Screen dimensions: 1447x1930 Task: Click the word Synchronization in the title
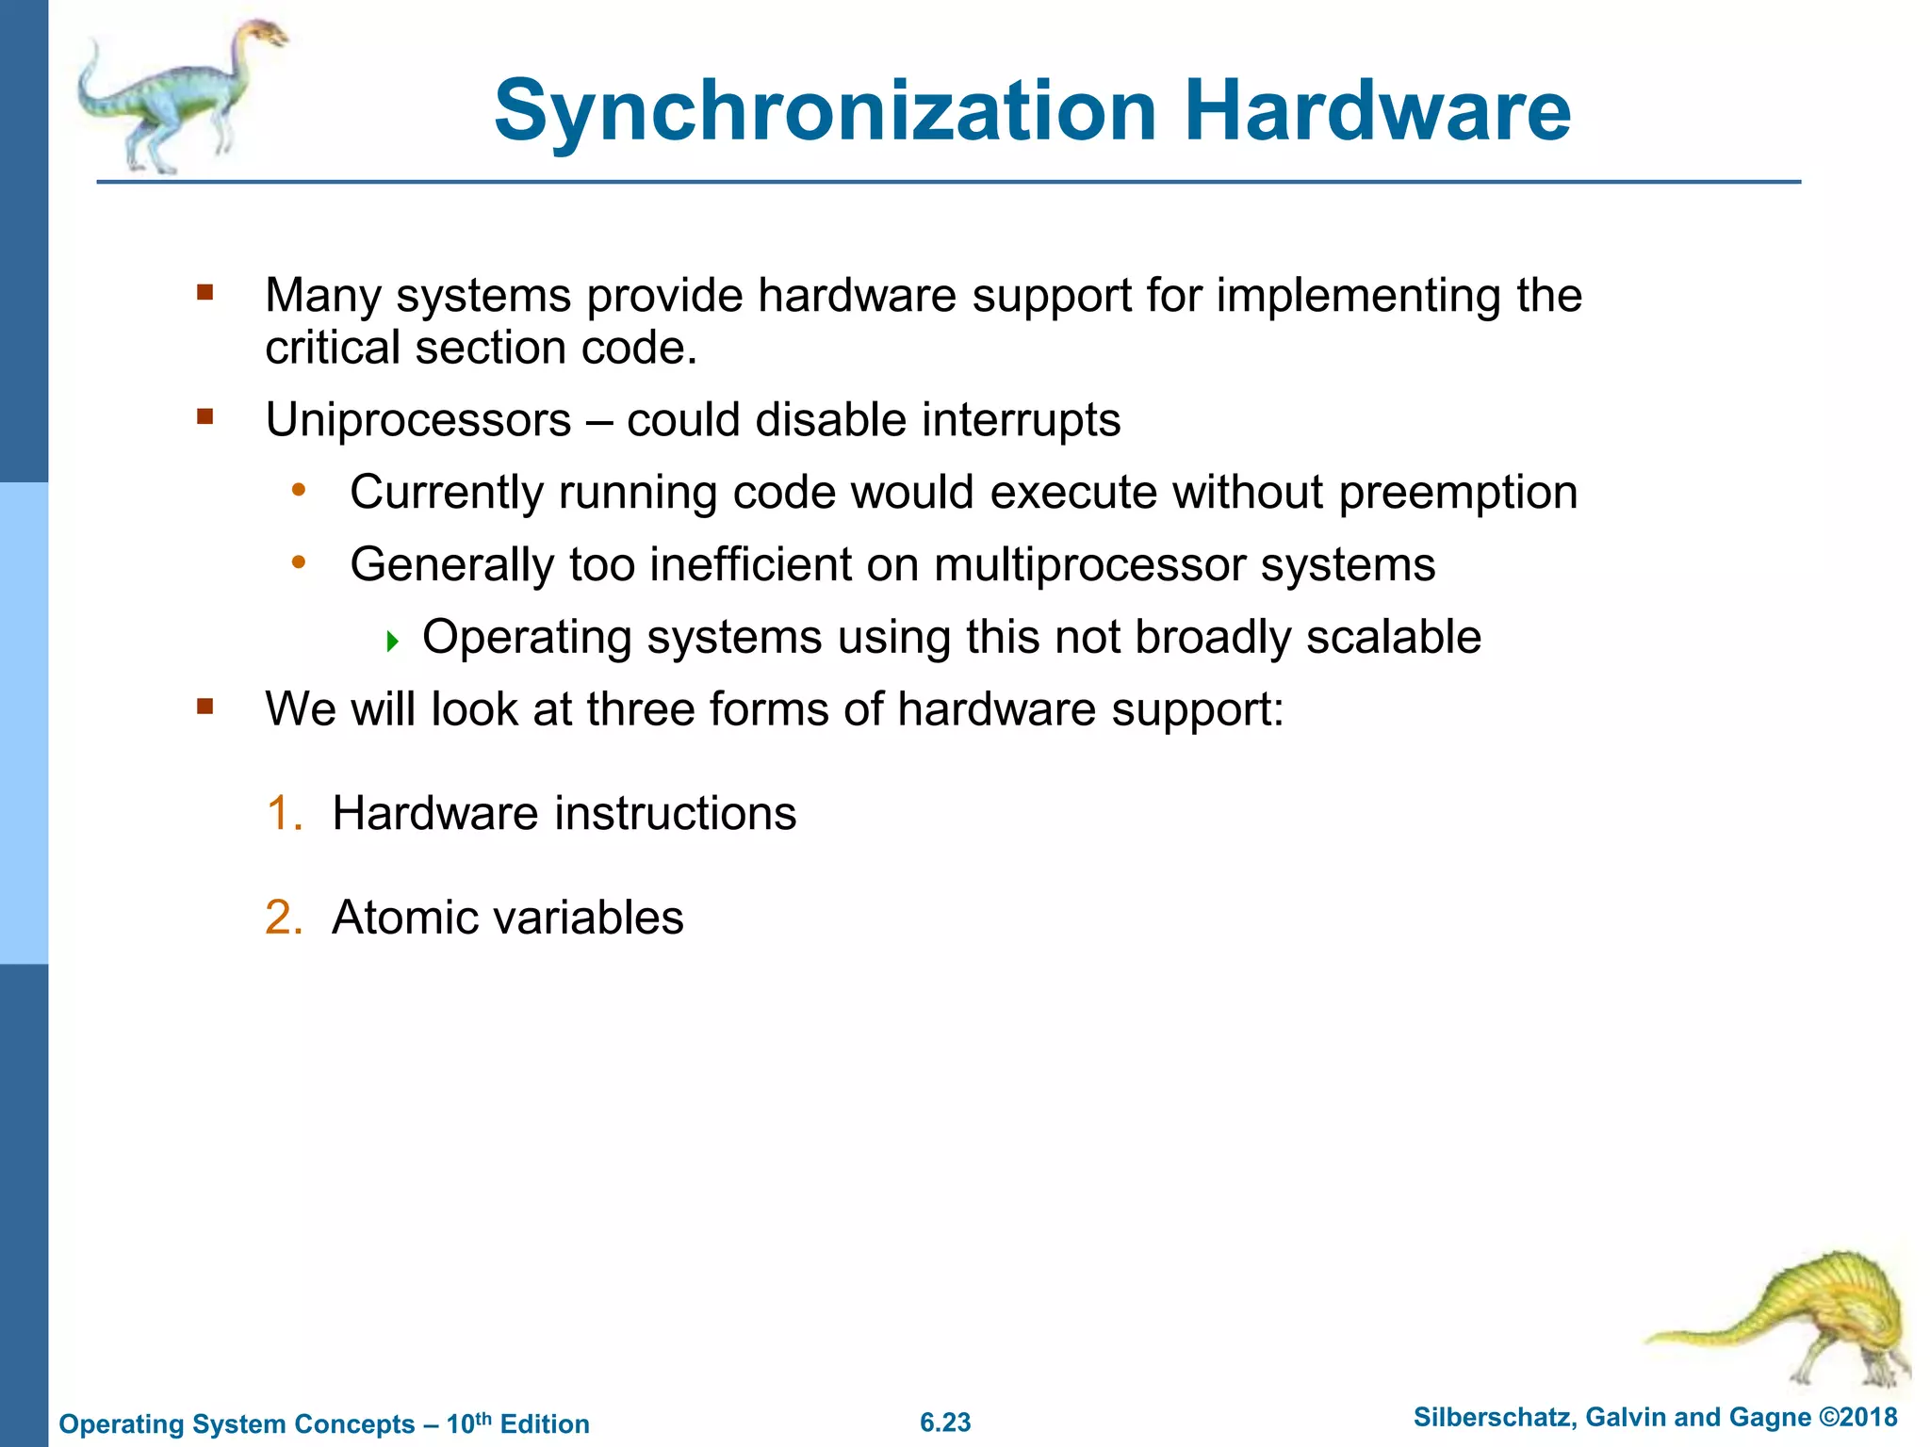click(825, 111)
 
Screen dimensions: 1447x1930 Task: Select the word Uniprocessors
click(418, 420)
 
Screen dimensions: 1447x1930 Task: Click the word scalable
click(1393, 637)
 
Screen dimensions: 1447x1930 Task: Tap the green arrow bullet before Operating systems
click(393, 642)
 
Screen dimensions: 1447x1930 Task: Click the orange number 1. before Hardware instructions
click(283, 813)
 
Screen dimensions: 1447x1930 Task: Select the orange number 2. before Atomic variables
click(283, 918)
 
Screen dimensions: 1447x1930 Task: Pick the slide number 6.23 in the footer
click(945, 1423)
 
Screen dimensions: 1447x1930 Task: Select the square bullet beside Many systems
click(205, 292)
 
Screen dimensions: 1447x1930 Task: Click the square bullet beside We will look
click(205, 706)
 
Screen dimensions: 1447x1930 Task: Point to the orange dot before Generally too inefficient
click(299, 562)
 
